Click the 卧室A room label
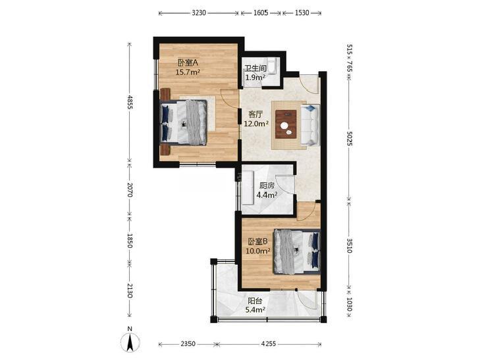pos(188,63)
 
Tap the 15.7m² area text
pos(188,72)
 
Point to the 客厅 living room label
pos(255,115)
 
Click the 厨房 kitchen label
pos(267,186)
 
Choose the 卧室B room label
pos(257,242)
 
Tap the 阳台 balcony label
pos(255,301)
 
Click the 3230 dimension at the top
pos(199,13)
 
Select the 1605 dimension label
pos(261,13)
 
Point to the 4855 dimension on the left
pos(130,102)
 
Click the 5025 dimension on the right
pos(350,139)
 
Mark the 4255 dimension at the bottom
pos(269,344)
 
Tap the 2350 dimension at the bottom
pos(188,344)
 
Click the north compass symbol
pos(130,341)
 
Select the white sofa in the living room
pos(310,125)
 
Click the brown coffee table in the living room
pos(286,124)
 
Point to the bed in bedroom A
pos(183,122)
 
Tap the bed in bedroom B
pos(297,251)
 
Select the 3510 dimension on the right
pos(350,245)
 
